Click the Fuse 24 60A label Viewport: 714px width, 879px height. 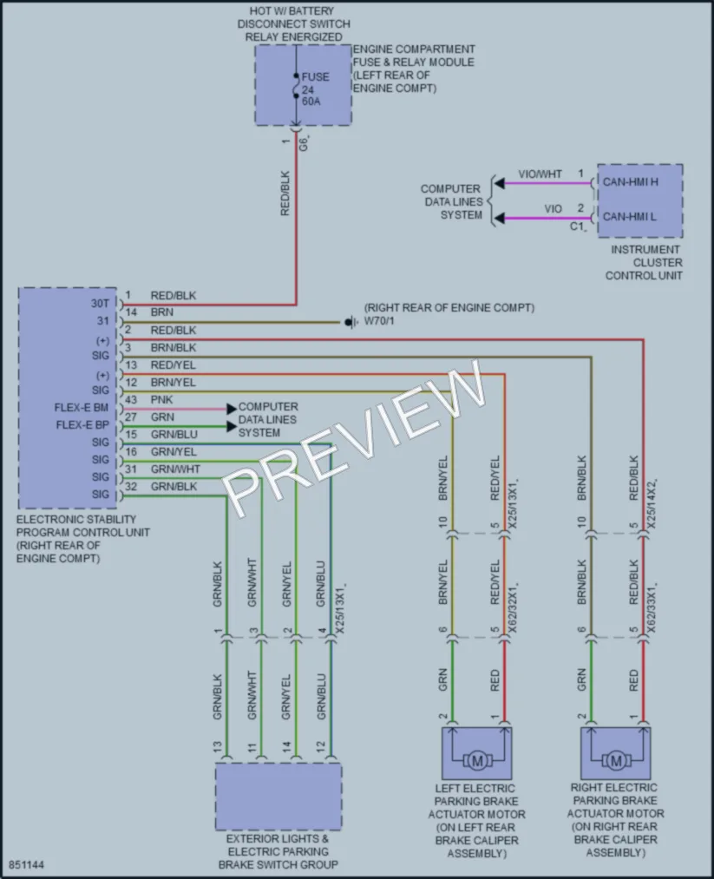315,89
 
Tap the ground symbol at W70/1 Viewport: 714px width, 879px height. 350,322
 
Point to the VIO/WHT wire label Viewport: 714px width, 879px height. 540,174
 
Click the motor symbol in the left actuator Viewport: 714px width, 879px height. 477,761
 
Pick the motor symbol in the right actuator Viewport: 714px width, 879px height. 616,761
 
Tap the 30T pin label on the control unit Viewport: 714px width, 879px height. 101,304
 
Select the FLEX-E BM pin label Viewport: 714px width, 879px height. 82,408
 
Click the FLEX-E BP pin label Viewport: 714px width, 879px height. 82,425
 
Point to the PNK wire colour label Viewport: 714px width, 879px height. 162,400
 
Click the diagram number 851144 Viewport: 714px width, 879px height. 26,865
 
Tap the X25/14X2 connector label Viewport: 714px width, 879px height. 652,503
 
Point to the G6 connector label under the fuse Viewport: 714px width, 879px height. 304,143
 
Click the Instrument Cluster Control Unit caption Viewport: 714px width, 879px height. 645,262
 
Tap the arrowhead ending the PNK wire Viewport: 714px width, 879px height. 232,410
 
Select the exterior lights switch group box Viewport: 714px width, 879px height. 278,797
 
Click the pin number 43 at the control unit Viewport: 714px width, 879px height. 131,400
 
